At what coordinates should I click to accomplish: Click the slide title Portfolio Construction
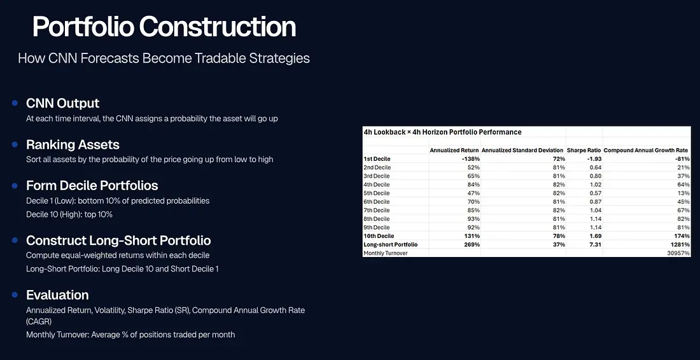click(164, 27)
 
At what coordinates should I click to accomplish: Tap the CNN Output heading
click(63, 104)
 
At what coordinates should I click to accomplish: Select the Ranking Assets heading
click(73, 145)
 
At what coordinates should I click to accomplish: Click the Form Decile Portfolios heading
click(92, 186)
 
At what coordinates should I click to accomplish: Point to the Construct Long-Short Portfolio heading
click(119, 240)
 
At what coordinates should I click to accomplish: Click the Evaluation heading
click(57, 295)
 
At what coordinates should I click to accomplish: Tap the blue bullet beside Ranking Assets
click(15, 144)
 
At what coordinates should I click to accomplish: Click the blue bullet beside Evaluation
click(15, 295)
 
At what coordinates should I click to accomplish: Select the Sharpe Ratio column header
click(584, 150)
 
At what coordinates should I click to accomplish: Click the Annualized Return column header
click(454, 150)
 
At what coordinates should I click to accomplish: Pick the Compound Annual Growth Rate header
click(645, 150)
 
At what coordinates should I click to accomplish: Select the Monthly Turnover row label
click(386, 253)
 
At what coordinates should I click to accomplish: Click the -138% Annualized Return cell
click(471, 159)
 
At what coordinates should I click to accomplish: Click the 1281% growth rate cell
click(680, 244)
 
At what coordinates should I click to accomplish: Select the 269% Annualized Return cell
click(473, 244)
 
